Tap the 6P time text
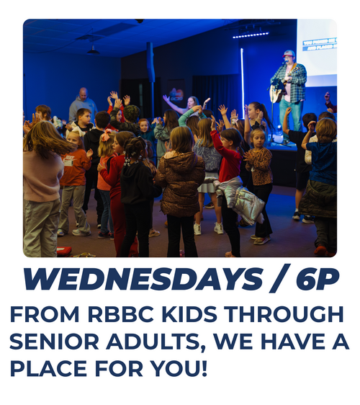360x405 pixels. [x=318, y=280]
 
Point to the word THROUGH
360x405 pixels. [x=284, y=314]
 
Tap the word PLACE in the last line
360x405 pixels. [x=48, y=368]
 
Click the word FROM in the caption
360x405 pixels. [x=45, y=314]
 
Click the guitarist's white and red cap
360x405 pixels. [x=289, y=53]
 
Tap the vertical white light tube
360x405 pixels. [x=243, y=83]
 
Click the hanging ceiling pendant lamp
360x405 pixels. [x=93, y=50]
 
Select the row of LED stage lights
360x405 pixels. [x=251, y=35]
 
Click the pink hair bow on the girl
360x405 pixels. [x=107, y=135]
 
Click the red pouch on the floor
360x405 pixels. [x=64, y=251]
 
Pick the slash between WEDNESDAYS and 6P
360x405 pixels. [x=280, y=278]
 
